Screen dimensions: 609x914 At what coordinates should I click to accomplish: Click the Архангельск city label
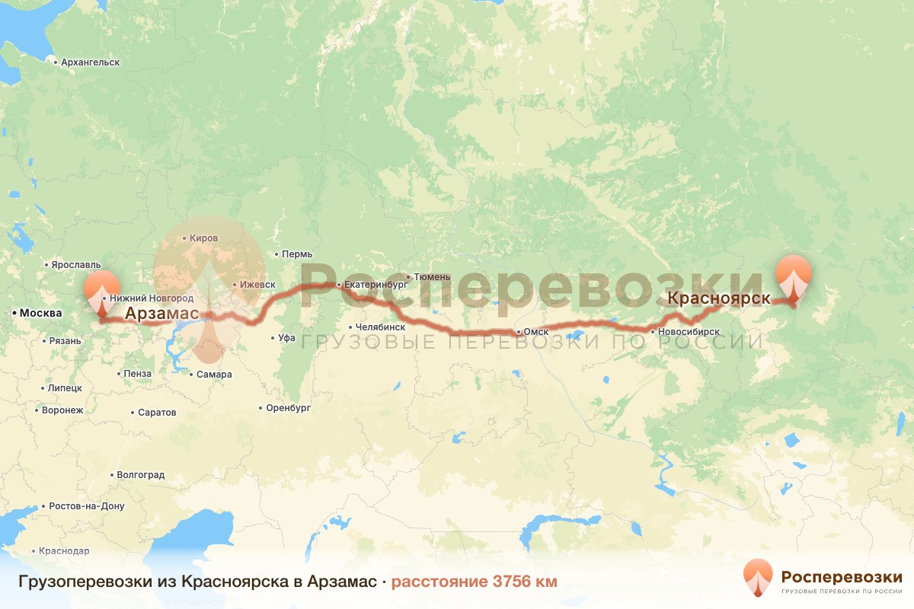tap(91, 62)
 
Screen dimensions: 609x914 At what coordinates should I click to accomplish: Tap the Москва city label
tap(40, 313)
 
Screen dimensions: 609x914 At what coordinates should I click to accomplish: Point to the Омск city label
tap(536, 332)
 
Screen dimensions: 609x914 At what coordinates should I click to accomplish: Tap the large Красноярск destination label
tap(718, 298)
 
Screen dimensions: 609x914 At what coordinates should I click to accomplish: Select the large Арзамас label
tap(161, 314)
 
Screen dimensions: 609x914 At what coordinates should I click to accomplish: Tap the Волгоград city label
tap(140, 474)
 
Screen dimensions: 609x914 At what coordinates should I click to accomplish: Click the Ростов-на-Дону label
tap(86, 505)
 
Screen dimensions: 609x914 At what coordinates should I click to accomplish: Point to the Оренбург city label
tap(289, 408)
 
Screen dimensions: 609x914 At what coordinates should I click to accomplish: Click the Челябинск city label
tap(380, 327)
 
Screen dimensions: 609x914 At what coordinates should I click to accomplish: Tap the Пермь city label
tap(297, 253)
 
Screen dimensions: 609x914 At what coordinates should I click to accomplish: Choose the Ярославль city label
tap(75, 265)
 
